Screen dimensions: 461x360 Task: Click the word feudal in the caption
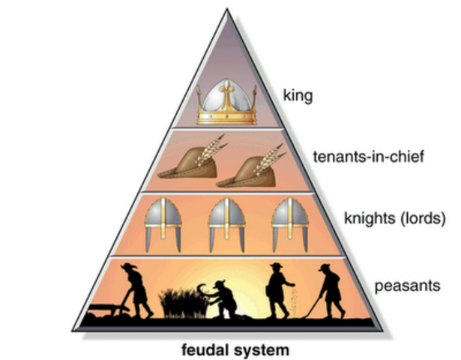pos(206,349)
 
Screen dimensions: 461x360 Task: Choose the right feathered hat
pos(246,168)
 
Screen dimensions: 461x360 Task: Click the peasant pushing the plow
pos(137,289)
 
